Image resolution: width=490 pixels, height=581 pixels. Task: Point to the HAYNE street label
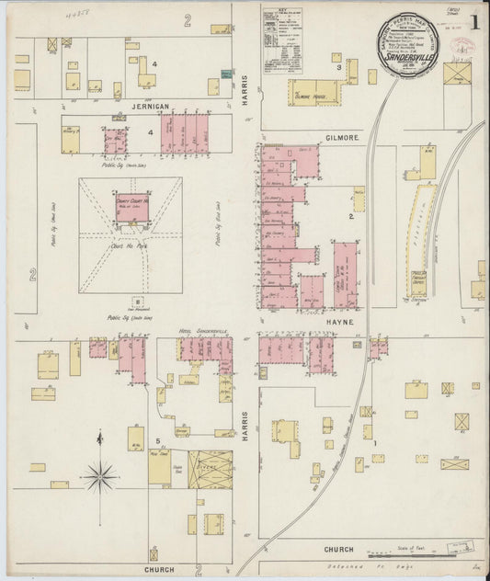click(339, 324)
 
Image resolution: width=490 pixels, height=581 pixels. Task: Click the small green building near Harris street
click(213, 87)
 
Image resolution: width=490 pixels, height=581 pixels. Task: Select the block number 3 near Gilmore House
click(338, 67)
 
